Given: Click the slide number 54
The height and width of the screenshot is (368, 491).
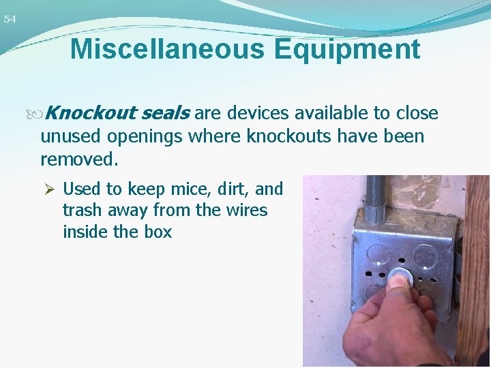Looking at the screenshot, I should [x=10, y=20].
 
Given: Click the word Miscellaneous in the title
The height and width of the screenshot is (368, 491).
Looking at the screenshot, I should [x=162, y=49].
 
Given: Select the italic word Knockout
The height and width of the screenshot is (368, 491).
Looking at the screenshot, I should [x=92, y=113].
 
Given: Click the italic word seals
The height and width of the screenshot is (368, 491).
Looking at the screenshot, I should [x=166, y=113].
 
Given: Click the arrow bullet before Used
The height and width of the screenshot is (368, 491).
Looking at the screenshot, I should [x=48, y=188].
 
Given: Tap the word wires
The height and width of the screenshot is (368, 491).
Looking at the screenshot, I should [x=244, y=210].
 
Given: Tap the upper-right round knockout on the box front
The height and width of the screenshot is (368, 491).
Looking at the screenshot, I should [x=428, y=256].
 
